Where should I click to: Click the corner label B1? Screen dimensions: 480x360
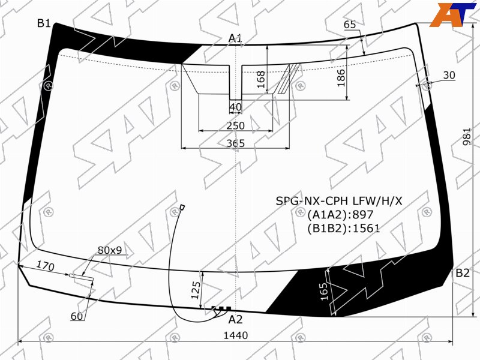pyautogui.click(x=44, y=23)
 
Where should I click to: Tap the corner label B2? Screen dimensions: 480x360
pyautogui.click(x=462, y=273)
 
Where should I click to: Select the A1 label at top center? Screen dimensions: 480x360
pyautogui.click(x=235, y=38)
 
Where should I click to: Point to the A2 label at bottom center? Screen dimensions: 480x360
pyautogui.click(x=235, y=320)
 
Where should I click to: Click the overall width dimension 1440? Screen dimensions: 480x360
pyautogui.click(x=236, y=335)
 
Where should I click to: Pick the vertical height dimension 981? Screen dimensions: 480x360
pyautogui.click(x=467, y=137)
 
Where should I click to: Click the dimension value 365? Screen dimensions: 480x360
pyautogui.click(x=236, y=143)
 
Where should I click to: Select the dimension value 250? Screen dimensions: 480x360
pyautogui.click(x=236, y=125)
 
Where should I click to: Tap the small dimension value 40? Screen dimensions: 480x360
pyautogui.click(x=235, y=107)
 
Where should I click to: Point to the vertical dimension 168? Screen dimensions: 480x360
pyautogui.click(x=261, y=79)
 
